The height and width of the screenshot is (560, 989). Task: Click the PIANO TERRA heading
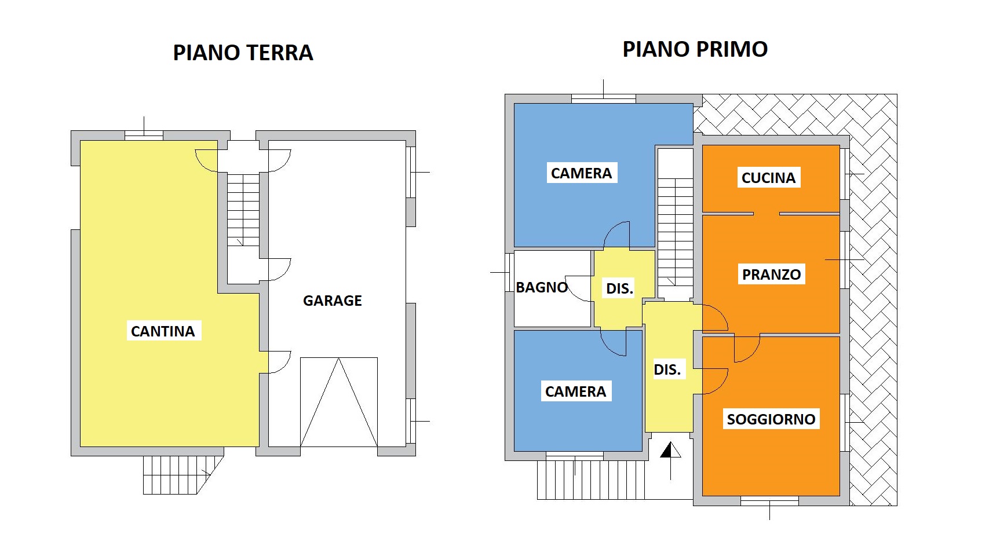[243, 53]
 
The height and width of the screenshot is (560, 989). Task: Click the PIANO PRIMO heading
[695, 49]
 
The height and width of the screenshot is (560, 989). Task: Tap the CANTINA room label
[163, 331]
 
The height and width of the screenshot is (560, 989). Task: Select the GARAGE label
[333, 301]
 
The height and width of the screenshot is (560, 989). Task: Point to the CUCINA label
[768, 178]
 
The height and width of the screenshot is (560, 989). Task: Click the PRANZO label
[771, 274]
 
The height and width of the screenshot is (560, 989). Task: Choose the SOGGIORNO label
[771, 419]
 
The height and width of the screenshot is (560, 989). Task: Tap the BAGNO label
[542, 287]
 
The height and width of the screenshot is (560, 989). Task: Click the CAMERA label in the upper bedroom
[582, 173]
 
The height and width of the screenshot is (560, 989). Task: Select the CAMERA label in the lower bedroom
[576, 391]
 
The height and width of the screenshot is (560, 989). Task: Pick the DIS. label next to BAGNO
[619, 288]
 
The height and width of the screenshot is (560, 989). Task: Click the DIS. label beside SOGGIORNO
[667, 370]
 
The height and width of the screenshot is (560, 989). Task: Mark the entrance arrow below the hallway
[671, 461]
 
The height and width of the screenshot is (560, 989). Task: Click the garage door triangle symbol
[338, 402]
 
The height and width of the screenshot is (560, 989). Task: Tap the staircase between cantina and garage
[243, 210]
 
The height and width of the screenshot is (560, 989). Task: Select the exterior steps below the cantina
[183, 475]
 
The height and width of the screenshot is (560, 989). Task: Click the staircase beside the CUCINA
[675, 232]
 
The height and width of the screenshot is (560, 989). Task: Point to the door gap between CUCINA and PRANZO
[767, 214]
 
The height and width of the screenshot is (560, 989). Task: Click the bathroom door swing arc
[578, 288]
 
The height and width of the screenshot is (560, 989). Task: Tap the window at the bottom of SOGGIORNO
[769, 501]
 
